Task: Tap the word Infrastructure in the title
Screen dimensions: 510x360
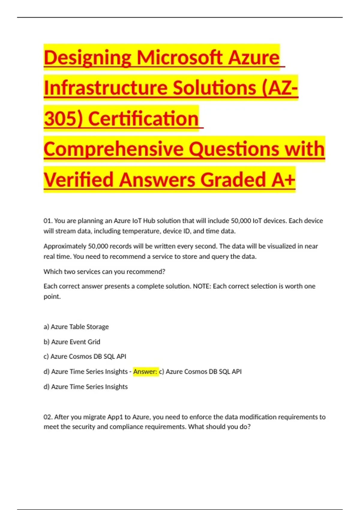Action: (106, 88)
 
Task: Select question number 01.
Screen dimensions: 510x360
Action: (48, 221)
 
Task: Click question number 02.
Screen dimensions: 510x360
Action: (48, 417)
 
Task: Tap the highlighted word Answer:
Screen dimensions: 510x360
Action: (145, 372)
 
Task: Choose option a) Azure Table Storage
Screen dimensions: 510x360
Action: (76, 327)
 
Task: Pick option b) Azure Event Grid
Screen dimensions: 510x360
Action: (72, 342)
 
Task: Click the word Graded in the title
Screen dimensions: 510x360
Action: (233, 180)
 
